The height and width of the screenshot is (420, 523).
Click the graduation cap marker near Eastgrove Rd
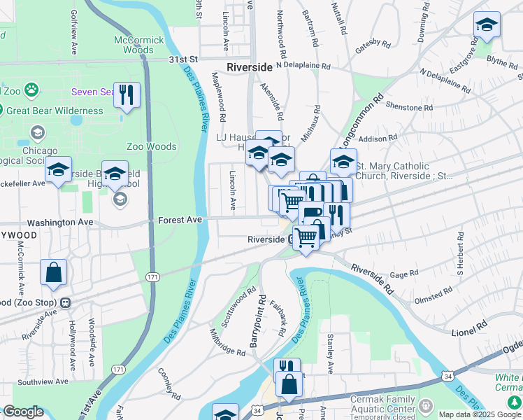[487, 26]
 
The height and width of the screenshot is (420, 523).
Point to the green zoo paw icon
[31, 90]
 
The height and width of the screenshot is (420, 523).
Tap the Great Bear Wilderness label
[55, 111]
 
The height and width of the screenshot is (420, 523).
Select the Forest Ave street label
[180, 220]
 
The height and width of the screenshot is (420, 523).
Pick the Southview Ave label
[42, 382]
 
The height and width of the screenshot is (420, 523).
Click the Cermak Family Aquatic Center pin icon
[424, 405]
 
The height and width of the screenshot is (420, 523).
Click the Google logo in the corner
[23, 412]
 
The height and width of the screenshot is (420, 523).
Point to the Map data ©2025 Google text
[479, 414]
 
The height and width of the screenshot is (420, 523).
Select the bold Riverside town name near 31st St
[249, 67]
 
